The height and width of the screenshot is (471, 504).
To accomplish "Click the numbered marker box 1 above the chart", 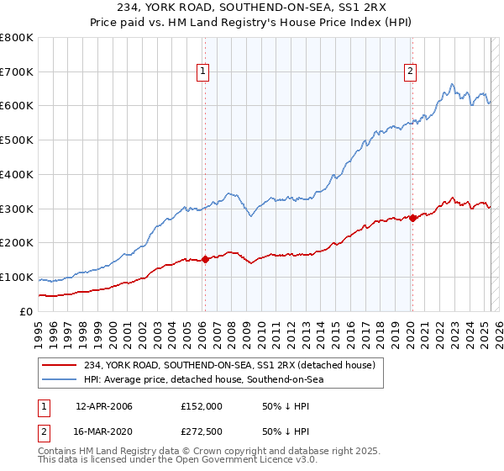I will pos(204,71).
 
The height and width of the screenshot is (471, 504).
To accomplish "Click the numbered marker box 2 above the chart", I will pos(411,71).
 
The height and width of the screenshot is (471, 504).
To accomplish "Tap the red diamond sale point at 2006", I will pos(205,260).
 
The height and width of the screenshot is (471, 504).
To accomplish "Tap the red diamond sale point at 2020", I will pos(412,218).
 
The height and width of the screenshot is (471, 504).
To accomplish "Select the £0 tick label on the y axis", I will pos(26,311).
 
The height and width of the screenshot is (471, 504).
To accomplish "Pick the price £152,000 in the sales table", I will pos(201,405).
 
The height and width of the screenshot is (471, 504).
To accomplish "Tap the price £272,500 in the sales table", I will pos(201,433).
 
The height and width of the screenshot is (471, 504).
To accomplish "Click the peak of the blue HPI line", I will pos(452,84).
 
